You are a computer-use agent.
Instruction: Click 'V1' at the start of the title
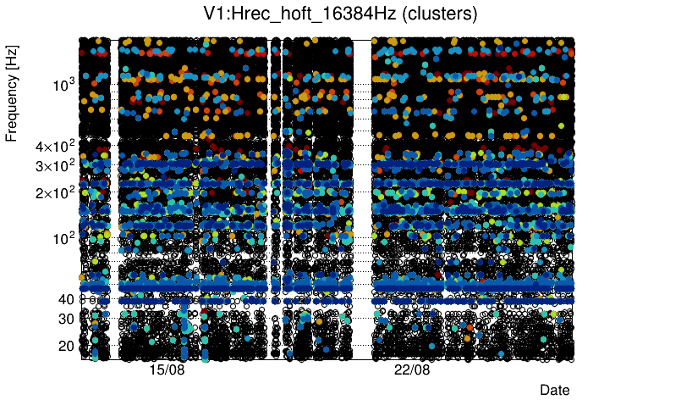pos(215,14)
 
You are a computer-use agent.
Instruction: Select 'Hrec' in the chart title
pos(252,14)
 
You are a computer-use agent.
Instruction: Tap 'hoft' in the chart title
pos(292,14)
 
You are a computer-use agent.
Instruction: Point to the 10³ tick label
pos(63,85)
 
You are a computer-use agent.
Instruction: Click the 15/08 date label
pos(167,371)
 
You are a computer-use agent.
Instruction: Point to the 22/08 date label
pos(412,371)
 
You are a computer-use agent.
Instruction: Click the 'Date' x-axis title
pos(554,390)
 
